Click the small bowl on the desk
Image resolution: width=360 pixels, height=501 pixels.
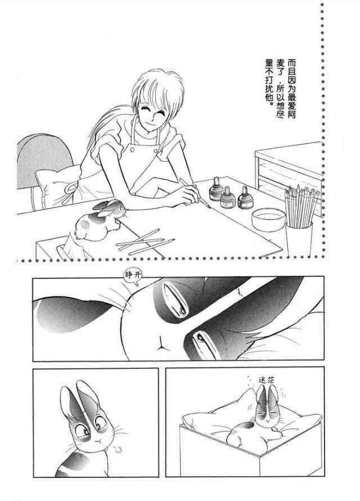coord(268,219)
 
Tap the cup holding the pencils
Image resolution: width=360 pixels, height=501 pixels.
coord(299,240)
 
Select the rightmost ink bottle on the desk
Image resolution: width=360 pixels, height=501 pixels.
coord(245,198)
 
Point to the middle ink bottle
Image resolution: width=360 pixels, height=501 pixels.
coord(228,197)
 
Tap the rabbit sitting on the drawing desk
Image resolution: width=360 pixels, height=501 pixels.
coord(98,221)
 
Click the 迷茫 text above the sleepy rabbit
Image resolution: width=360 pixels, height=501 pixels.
coord(266,380)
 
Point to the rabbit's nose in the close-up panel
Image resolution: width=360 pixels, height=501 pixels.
coord(160,343)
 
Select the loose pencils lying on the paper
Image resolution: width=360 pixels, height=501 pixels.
coord(146,243)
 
